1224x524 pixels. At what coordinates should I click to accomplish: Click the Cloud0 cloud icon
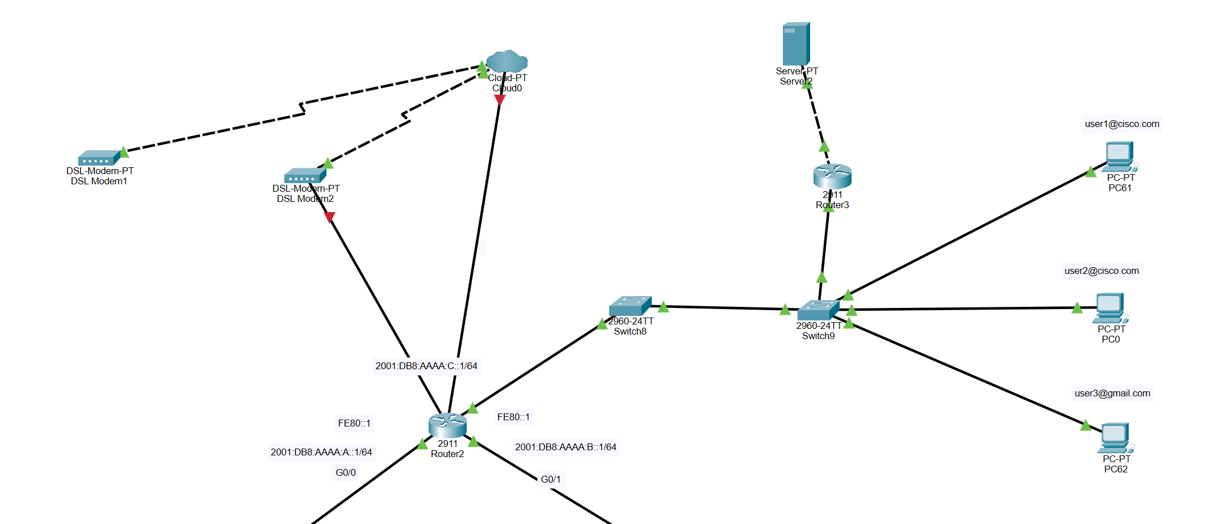tap(507, 61)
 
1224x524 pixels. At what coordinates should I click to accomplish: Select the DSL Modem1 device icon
tap(99, 158)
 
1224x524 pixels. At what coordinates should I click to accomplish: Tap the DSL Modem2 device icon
tap(305, 175)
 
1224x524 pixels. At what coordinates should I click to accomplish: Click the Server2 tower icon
tap(796, 44)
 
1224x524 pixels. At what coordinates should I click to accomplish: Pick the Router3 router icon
tap(832, 176)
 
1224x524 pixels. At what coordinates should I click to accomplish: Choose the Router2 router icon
tap(447, 425)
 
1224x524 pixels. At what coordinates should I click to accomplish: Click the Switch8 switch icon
tap(630, 306)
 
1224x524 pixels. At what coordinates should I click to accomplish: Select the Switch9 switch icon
tap(818, 310)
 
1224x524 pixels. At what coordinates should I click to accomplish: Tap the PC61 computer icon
tap(1120, 156)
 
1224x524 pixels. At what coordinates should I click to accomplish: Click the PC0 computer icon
tap(1110, 308)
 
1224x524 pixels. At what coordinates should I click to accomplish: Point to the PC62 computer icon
tap(1116, 438)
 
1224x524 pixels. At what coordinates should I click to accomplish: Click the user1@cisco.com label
tap(1122, 124)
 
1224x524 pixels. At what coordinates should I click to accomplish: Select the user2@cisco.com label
tap(1101, 271)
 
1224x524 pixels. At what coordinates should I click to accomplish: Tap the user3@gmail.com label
tap(1112, 394)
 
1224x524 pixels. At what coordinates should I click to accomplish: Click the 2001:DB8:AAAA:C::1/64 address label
tap(426, 366)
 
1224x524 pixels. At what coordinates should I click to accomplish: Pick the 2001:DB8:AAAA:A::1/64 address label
tap(321, 453)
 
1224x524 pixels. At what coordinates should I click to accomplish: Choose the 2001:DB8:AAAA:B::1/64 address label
tap(565, 447)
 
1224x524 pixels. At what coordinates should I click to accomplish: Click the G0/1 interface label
tap(550, 480)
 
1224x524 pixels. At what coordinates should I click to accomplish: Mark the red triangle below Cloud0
tap(500, 100)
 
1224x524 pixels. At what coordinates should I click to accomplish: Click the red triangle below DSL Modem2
tap(329, 217)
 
